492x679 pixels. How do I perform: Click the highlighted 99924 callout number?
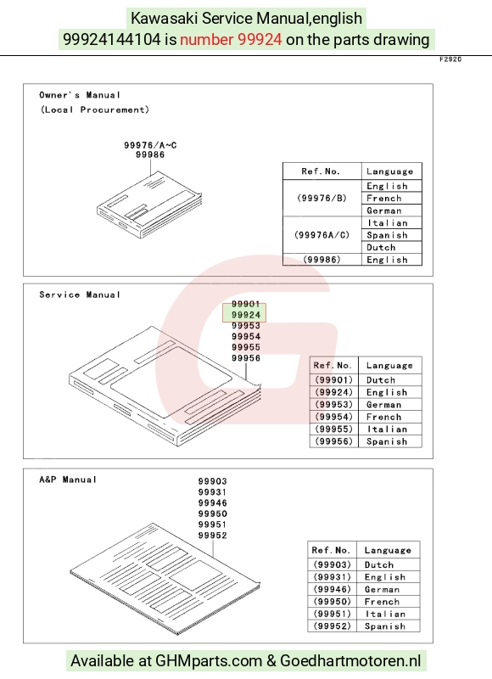(246, 315)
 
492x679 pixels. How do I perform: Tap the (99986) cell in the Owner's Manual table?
(322, 260)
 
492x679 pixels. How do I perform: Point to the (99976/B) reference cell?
(322, 198)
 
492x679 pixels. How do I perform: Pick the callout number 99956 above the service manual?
(246, 358)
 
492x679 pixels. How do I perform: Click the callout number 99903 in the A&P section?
(212, 481)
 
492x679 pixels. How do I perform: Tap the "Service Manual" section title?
(80, 295)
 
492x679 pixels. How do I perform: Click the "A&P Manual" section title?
(68, 480)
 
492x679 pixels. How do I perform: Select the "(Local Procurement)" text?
(95, 109)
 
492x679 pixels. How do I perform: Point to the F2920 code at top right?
(450, 59)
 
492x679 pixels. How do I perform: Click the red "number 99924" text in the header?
(231, 39)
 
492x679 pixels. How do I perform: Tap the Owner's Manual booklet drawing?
(149, 205)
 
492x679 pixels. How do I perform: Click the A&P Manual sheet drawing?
(165, 579)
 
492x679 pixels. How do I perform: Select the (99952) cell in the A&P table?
(332, 626)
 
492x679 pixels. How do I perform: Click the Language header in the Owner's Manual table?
(389, 171)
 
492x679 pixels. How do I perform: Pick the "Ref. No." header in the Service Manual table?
(333, 365)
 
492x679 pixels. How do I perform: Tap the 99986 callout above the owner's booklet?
(149, 154)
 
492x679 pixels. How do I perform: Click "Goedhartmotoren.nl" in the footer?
(350, 661)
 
